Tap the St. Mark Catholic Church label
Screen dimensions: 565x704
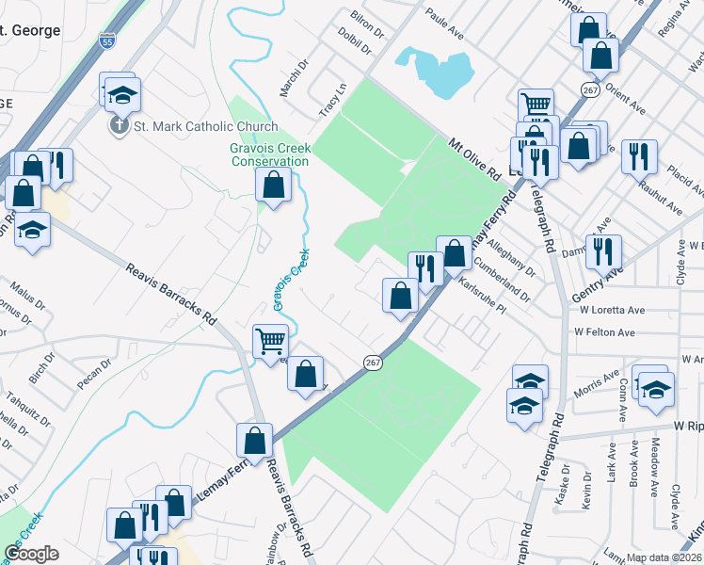[206, 127]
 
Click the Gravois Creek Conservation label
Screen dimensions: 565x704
[269, 154]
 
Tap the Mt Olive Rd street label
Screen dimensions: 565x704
[473, 159]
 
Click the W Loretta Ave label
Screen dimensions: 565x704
[612, 310]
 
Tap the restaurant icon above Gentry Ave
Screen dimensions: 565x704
[602, 251]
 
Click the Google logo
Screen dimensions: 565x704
[32, 553]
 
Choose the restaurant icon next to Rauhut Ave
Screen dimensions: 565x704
[640, 156]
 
